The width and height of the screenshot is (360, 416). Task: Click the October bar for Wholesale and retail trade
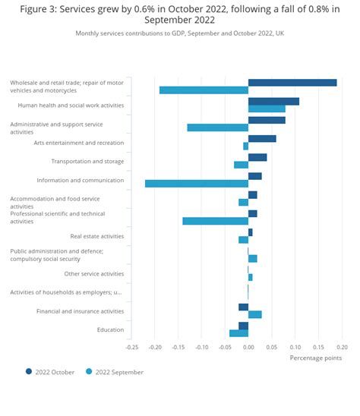pos(292,83)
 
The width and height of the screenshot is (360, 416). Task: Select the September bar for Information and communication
pos(197,184)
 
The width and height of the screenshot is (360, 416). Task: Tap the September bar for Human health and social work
pos(267,109)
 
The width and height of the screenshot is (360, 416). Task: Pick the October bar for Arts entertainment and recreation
pos(262,139)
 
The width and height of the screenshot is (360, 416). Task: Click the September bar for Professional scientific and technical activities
pos(216,221)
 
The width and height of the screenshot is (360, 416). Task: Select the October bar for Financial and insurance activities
pos(244,307)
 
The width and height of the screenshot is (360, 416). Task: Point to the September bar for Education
pos(239,333)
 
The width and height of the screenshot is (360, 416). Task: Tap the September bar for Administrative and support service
pos(218,128)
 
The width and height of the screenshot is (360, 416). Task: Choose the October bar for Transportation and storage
pos(257,157)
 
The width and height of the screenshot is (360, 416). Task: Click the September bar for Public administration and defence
pos(253,259)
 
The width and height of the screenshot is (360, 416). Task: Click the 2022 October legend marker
pos(29,371)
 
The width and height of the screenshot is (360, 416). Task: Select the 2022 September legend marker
pos(89,371)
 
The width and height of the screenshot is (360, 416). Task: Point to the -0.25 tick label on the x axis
pos(132,347)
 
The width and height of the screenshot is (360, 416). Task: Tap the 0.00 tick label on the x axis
pos(248,347)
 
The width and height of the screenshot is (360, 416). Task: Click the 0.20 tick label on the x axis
pos(343,347)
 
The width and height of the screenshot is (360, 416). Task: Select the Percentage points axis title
pos(316,358)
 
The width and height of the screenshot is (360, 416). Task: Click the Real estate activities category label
pos(97,236)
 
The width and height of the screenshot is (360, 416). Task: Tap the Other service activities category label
pos(94,274)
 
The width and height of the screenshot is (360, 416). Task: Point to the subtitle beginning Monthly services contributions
pos(180,33)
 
